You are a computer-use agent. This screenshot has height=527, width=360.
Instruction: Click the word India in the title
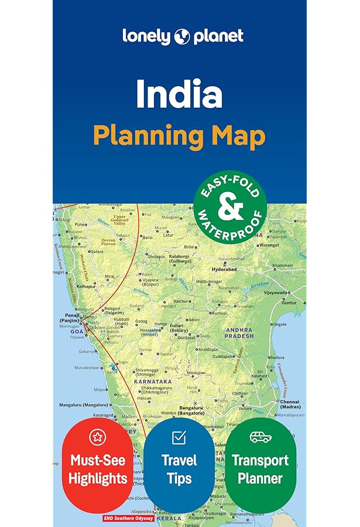[179, 94]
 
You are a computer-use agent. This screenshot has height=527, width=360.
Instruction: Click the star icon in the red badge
[97, 437]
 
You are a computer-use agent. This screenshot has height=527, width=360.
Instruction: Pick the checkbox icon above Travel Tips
[179, 437]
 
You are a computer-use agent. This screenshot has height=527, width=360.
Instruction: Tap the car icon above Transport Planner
[260, 437]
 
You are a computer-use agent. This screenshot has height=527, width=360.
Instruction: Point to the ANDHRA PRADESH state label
[239, 333]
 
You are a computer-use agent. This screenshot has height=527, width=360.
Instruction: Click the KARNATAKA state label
[153, 381]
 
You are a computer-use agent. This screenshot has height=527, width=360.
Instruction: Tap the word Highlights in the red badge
[97, 478]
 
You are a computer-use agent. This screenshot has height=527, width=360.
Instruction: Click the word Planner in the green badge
[260, 478]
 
